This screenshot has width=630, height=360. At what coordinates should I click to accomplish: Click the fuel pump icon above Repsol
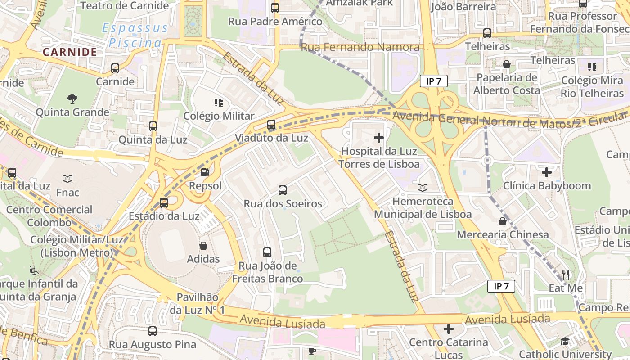click(x=205, y=172)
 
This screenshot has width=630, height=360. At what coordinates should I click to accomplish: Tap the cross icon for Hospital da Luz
click(x=379, y=138)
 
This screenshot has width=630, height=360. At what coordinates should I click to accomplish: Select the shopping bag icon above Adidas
click(x=203, y=246)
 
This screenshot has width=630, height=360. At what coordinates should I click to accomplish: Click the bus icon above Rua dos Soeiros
click(x=283, y=190)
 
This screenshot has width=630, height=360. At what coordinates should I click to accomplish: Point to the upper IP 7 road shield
click(x=433, y=81)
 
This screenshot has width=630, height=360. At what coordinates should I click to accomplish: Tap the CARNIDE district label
click(x=70, y=52)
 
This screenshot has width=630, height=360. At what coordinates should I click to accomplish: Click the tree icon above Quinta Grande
click(x=72, y=99)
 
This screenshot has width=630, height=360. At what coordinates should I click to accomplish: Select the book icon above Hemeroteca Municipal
click(x=423, y=188)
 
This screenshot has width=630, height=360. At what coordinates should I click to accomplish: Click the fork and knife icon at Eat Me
click(x=566, y=274)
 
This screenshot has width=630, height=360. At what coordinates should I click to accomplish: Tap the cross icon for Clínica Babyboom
click(x=546, y=172)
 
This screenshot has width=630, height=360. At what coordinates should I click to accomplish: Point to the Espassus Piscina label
click(x=135, y=36)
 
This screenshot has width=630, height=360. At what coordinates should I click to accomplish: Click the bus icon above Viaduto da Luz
click(x=271, y=125)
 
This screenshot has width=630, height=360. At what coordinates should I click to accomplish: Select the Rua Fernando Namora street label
click(x=360, y=47)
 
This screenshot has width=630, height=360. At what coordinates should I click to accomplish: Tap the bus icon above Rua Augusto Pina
click(x=153, y=331)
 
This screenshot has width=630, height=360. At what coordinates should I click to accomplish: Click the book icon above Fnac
click(x=67, y=179)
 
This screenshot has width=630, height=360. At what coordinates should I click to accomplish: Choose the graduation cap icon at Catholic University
click(x=565, y=341)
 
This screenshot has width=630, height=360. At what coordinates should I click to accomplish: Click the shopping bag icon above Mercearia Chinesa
click(x=502, y=221)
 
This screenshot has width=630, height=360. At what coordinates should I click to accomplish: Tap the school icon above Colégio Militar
click(x=219, y=103)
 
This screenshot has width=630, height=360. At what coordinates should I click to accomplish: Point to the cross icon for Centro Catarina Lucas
click(x=448, y=329)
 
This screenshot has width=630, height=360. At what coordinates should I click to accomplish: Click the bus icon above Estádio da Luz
click(x=164, y=202)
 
